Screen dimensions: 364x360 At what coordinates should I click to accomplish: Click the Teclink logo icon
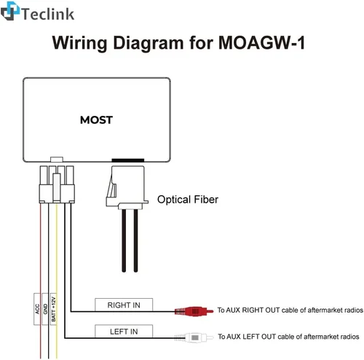tap(10, 11)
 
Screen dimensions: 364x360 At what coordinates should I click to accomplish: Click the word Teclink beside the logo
tap(48, 14)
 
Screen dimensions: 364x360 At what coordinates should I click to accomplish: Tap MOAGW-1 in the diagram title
tap(261, 43)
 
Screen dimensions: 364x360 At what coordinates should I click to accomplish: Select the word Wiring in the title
tap(79, 43)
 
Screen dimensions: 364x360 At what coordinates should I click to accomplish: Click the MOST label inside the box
tap(96, 120)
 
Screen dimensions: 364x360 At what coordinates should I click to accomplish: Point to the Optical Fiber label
tap(188, 200)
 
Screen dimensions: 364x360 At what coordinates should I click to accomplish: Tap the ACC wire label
tap(37, 309)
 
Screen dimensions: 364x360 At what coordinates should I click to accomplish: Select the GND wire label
tap(45, 309)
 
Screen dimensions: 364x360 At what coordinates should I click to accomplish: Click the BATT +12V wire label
tap(53, 309)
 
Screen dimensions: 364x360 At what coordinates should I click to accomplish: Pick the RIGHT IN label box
tap(124, 305)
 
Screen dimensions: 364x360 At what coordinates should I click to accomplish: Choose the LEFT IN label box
tap(124, 332)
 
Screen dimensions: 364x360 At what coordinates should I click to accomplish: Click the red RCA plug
tap(194, 311)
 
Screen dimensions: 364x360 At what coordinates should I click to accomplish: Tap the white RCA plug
tap(194, 337)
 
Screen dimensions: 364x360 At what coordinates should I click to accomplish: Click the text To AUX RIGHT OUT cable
tap(290, 310)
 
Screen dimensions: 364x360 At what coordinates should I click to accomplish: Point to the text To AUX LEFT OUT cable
tap(288, 337)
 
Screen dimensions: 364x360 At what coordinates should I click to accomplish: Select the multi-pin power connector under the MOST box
tap(57, 184)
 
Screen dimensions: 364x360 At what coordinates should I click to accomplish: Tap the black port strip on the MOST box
tap(128, 160)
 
